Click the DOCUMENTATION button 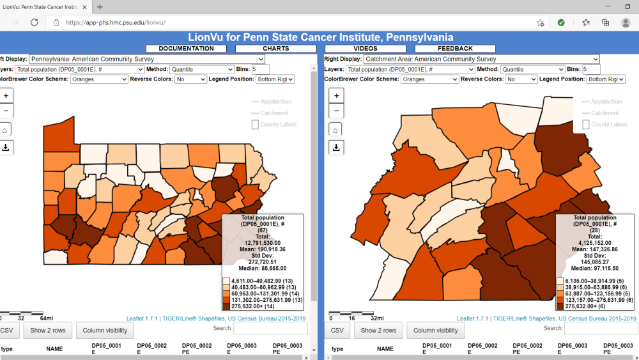[186, 49]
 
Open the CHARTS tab [275, 49]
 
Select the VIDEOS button [365, 49]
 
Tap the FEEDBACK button [455, 49]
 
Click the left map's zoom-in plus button [6, 95]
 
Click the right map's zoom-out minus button [336, 110]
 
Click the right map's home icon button [336, 129]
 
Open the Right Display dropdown [481, 59]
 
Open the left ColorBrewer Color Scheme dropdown [99, 79]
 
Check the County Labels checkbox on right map [586, 124]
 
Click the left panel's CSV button [6, 330]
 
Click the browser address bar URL [115, 22]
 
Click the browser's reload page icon [35, 22]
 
